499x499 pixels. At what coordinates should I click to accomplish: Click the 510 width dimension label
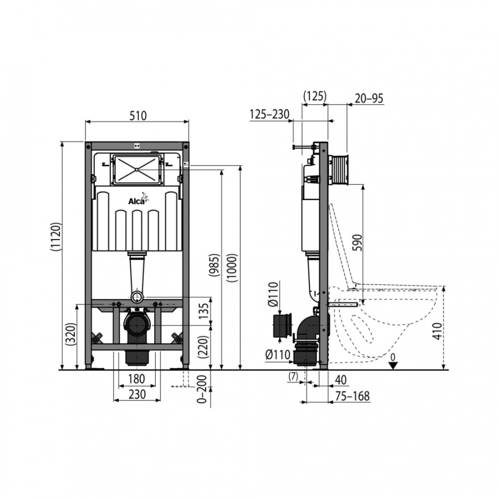click(138, 115)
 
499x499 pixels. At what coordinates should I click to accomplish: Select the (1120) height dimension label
click(56, 237)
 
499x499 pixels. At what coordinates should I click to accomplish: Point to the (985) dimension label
click(214, 265)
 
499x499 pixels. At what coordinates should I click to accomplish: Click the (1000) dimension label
click(232, 268)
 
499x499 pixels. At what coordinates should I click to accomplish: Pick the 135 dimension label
click(204, 310)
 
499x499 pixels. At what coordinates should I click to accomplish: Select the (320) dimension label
click(70, 334)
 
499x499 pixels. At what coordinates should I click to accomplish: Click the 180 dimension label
click(136, 379)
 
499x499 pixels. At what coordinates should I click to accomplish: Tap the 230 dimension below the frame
click(137, 394)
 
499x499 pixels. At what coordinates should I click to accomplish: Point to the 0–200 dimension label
click(202, 389)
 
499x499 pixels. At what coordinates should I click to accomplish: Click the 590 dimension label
click(358, 242)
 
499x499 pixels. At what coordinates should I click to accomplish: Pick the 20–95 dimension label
click(369, 98)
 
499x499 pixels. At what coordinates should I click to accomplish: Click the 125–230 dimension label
click(269, 114)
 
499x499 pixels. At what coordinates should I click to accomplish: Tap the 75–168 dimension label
click(352, 396)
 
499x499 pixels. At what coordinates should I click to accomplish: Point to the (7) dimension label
click(293, 376)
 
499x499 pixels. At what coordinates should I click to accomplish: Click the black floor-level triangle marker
click(393, 365)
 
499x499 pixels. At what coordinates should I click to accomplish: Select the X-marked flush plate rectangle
click(137, 169)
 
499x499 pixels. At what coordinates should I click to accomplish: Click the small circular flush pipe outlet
click(137, 297)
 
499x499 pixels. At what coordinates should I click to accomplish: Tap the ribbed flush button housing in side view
click(338, 170)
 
